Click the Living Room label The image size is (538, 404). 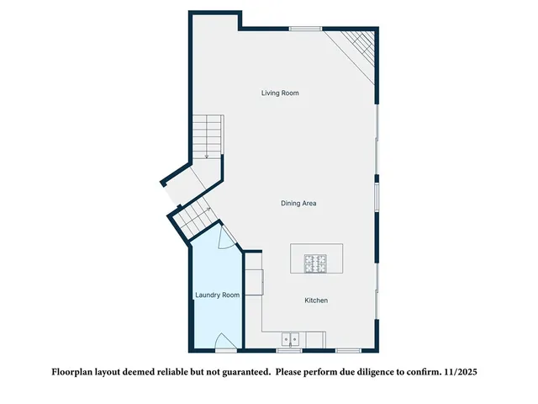[x=280, y=93]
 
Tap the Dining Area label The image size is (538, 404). [x=298, y=203]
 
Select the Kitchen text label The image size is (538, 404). [x=316, y=300]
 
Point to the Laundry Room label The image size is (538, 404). [x=218, y=295]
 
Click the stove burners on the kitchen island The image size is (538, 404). [x=316, y=263]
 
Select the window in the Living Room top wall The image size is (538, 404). [x=306, y=29]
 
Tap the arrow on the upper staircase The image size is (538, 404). [x=207, y=155]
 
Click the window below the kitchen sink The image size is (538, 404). [x=289, y=350]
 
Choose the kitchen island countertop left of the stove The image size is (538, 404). [x=298, y=259]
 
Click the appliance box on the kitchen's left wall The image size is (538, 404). [x=255, y=282]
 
